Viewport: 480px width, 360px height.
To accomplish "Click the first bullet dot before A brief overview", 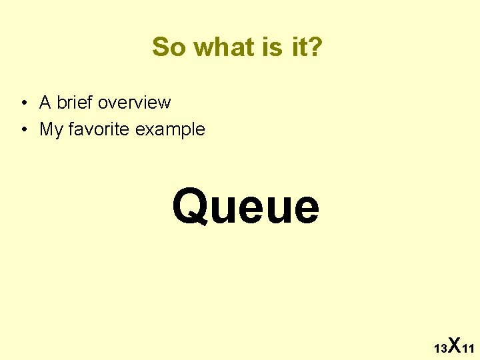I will (x=23, y=103).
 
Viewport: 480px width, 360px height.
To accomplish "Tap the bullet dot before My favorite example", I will (x=23, y=129).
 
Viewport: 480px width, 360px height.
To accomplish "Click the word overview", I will (x=134, y=103).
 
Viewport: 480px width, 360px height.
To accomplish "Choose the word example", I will (x=170, y=129).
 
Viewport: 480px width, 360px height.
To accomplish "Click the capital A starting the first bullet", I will (x=45, y=103).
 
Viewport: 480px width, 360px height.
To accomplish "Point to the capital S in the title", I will (x=159, y=47).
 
